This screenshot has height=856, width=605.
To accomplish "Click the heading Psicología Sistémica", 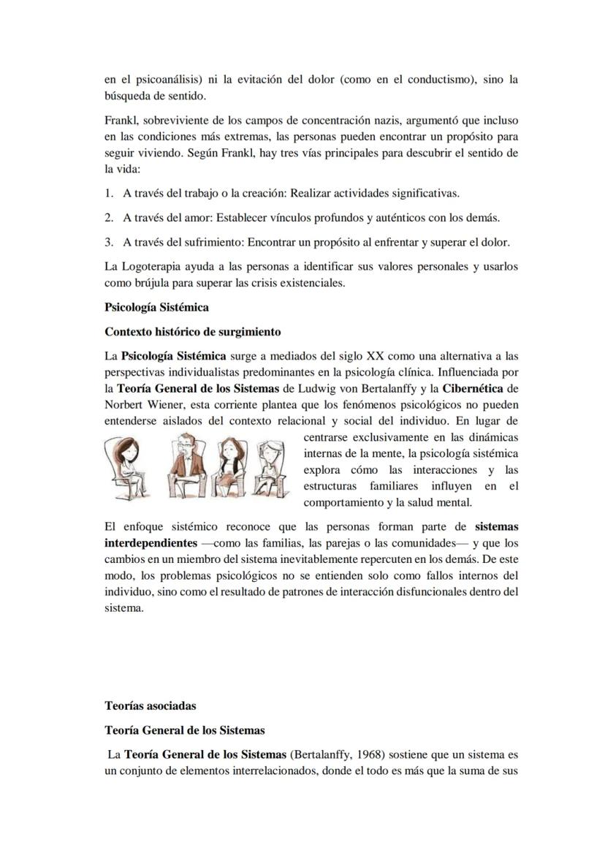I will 156,308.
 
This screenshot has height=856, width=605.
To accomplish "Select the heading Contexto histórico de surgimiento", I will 193,332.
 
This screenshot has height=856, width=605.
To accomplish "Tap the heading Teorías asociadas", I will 151,706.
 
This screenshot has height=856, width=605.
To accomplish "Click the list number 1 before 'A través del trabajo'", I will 108,194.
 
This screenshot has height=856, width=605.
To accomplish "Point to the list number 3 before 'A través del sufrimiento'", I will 108,242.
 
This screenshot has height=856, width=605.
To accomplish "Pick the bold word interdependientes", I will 151,543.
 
